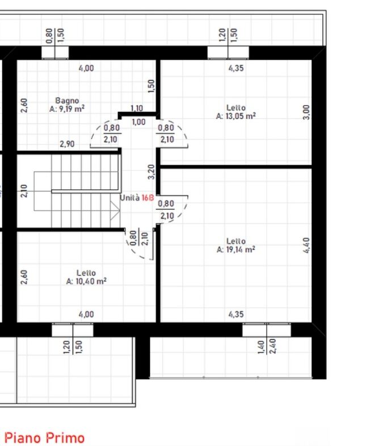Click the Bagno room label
tap(67, 101)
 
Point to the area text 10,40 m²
tap(91, 281)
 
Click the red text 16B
tap(148, 198)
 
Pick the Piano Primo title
tap(45, 437)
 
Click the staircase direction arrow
tap(115, 210)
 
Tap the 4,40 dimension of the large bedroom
tap(306, 245)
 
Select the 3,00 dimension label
tap(306, 112)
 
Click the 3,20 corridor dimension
tap(151, 172)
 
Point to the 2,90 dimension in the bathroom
tap(67, 144)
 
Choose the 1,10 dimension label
tap(137, 109)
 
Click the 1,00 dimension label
tap(138, 122)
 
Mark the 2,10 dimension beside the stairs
tap(24, 190)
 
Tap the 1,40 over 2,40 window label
tap(267, 346)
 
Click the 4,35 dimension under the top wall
tap(236, 68)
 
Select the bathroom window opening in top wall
tap(55, 53)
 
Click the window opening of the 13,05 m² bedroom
tap(228, 53)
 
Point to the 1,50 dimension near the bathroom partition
tap(151, 86)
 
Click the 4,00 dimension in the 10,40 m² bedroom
tap(86, 314)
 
